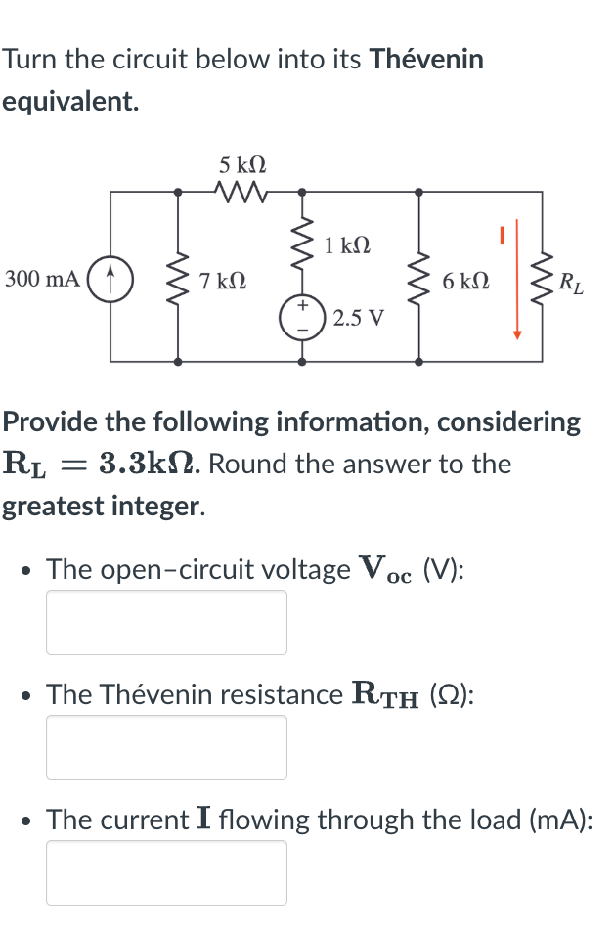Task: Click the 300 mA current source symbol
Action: [x=110, y=280]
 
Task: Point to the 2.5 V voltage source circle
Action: [x=301, y=319]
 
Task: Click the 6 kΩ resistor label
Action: [x=465, y=282]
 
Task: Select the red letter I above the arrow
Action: [x=500, y=235]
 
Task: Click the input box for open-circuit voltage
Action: [x=166, y=622]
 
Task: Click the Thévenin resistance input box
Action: [x=166, y=747]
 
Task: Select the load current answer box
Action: [x=166, y=872]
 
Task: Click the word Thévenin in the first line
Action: [x=425, y=60]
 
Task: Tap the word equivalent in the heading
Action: [x=69, y=102]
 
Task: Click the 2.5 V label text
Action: [x=359, y=319]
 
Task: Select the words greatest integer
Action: [x=103, y=507]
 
